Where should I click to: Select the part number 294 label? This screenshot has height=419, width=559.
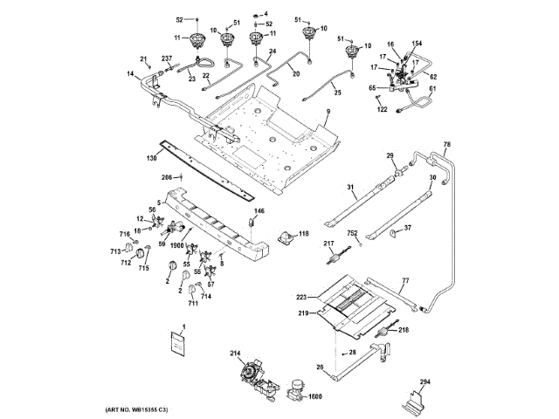pos(424,382)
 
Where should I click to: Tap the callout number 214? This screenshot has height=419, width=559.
pos(236,353)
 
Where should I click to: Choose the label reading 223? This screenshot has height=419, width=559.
pos(301,297)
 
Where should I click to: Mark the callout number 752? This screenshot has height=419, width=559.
pos(353,233)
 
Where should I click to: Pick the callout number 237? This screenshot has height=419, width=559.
pos(167,58)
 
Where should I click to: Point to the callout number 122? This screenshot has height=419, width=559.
pos(382,109)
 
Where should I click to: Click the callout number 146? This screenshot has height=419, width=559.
pos(259,211)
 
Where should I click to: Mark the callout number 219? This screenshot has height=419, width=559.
pos(303,312)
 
